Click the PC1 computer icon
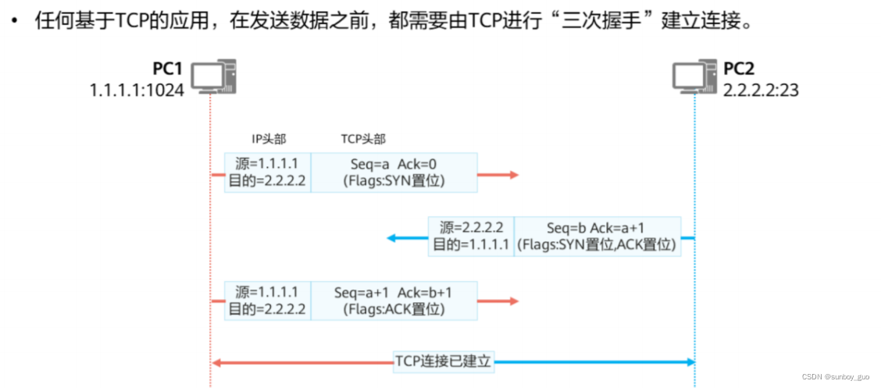click(x=214, y=77)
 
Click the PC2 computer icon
click(x=695, y=77)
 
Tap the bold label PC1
click(x=168, y=69)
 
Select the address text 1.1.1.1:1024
click(x=137, y=90)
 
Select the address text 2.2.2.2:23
click(x=761, y=90)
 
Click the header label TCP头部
click(x=363, y=139)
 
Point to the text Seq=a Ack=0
click(x=394, y=164)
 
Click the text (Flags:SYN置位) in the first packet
click(x=394, y=182)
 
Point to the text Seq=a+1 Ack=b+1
click(x=394, y=292)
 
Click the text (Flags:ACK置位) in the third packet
click(x=394, y=309)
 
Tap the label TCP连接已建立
click(x=443, y=361)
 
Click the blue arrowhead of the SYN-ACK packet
click(x=392, y=237)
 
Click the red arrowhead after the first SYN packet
click(x=513, y=174)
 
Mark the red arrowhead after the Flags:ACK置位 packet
click(x=513, y=301)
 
